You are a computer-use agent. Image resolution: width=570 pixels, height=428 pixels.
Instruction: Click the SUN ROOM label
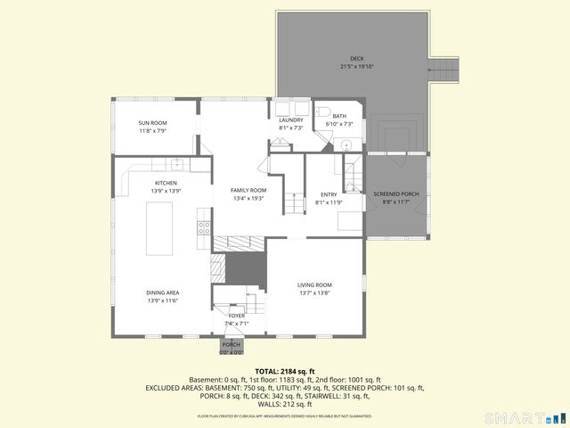pyautogui.click(x=152, y=123)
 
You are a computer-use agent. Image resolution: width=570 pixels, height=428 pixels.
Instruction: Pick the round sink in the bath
pyautogui.click(x=347, y=144)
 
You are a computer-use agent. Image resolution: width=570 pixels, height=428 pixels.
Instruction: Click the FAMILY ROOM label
pyautogui.click(x=248, y=190)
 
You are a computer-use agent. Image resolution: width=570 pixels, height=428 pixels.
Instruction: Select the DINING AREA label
pyautogui.click(x=164, y=292)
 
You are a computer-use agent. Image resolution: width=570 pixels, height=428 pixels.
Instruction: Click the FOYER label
pyautogui.click(x=236, y=316)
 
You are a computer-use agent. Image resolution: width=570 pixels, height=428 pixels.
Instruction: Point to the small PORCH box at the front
pyautogui.click(x=232, y=347)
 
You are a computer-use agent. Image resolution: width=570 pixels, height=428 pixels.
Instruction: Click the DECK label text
pyautogui.click(x=356, y=59)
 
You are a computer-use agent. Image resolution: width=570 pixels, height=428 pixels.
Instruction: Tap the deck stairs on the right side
pyautogui.click(x=445, y=69)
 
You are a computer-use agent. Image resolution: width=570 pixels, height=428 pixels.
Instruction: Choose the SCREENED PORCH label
pyautogui.click(x=395, y=193)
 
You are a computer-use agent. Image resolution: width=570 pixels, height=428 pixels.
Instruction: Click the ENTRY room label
pyautogui.click(x=329, y=194)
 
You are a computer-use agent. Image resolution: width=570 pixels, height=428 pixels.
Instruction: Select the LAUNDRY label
pyautogui.click(x=291, y=119)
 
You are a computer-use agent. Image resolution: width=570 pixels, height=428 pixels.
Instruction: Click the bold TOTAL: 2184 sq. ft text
pyautogui.click(x=285, y=371)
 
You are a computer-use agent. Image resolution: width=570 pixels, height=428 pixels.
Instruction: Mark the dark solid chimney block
pyautogui.click(x=245, y=267)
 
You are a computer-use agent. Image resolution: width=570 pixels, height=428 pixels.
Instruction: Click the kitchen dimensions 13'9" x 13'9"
pyautogui.click(x=167, y=191)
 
